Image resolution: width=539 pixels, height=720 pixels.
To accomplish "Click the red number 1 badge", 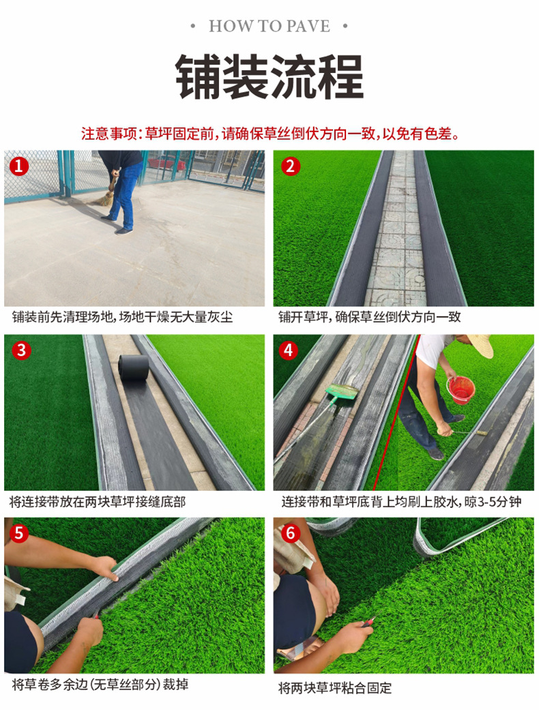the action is tap(19, 166).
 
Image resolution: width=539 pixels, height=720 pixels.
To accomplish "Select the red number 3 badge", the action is tap(22, 350).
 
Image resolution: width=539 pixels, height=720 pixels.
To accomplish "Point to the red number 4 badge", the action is tap(288, 350).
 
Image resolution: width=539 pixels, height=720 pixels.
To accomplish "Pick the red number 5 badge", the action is tap(19, 533).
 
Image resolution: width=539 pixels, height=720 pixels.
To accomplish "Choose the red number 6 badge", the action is tap(291, 533).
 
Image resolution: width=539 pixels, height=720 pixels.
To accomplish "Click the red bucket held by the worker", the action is tap(461, 390).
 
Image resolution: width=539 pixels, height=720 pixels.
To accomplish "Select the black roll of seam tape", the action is tap(134, 367).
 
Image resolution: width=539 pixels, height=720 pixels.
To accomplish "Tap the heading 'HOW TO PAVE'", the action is tap(269, 26).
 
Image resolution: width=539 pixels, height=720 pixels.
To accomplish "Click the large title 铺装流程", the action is tap(269, 76).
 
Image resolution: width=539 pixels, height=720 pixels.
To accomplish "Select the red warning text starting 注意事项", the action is tap(271, 134).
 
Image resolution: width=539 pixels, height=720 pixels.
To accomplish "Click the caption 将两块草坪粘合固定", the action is tap(335, 688).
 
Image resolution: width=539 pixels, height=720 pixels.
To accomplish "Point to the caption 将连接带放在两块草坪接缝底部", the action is tap(98, 502).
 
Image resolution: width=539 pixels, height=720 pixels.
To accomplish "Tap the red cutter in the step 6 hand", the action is tap(368, 622).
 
